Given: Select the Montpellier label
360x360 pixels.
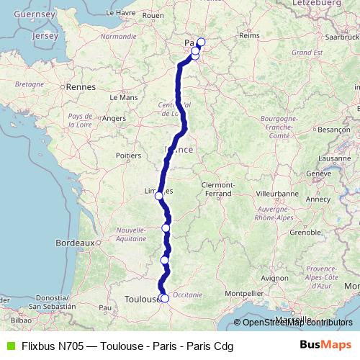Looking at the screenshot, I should [x=246, y=294].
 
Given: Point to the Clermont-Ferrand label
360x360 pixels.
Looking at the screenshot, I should [x=216, y=189].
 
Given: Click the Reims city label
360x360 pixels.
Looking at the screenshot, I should [x=248, y=35].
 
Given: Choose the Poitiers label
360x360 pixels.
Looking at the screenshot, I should [x=127, y=155].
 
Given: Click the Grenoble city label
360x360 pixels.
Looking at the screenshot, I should [x=284, y=233].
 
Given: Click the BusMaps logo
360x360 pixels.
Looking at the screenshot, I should [x=325, y=346].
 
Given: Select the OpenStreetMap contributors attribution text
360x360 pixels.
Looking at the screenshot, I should [x=297, y=323].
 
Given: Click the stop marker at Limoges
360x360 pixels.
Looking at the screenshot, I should [x=158, y=195].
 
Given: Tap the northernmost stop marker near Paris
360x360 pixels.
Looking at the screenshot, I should [x=201, y=41].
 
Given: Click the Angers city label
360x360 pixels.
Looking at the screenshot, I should [x=113, y=118].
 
